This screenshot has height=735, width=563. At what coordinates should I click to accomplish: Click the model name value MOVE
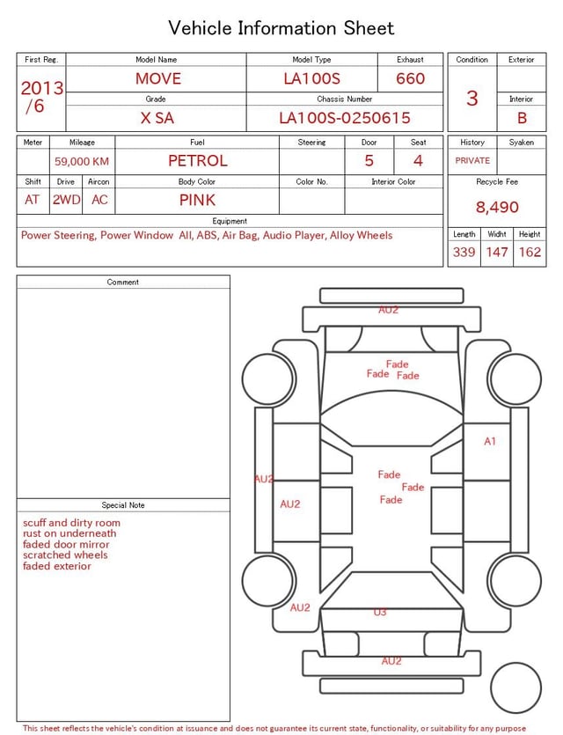157,78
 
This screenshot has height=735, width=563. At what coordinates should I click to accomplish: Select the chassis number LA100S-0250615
345,118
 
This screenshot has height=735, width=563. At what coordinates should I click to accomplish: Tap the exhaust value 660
410,78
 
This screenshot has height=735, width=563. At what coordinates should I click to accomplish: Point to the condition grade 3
472,98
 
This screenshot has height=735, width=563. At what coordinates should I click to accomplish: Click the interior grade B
522,118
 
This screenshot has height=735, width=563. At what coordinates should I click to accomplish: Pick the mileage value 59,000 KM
82,162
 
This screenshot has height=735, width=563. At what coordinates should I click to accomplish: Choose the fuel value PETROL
198,161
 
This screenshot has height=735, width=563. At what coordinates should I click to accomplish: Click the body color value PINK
197,200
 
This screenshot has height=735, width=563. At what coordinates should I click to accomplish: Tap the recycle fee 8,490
497,207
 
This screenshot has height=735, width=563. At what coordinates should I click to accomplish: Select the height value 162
530,252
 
